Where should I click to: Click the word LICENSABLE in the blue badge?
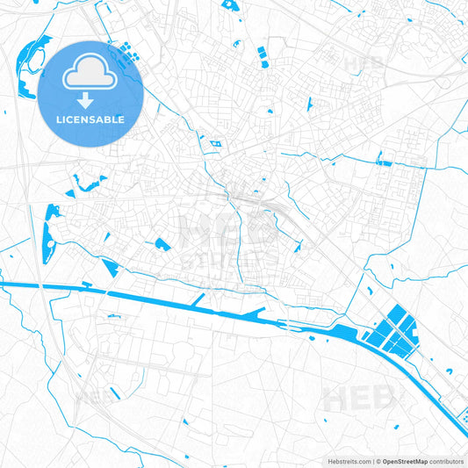pos(90,119)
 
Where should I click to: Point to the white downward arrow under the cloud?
pos(90,100)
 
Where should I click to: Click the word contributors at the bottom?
pos(445,461)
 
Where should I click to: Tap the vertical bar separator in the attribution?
pos(372,461)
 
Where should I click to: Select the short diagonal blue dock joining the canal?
pos(198,300)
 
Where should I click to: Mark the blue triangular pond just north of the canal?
pos(110,267)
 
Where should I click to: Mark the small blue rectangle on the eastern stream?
pos(384,162)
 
